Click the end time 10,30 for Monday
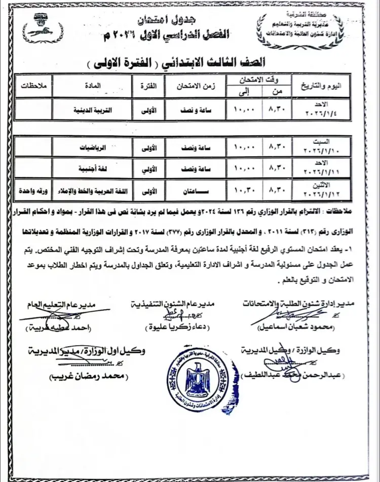pyautogui.click(x=246, y=191)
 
